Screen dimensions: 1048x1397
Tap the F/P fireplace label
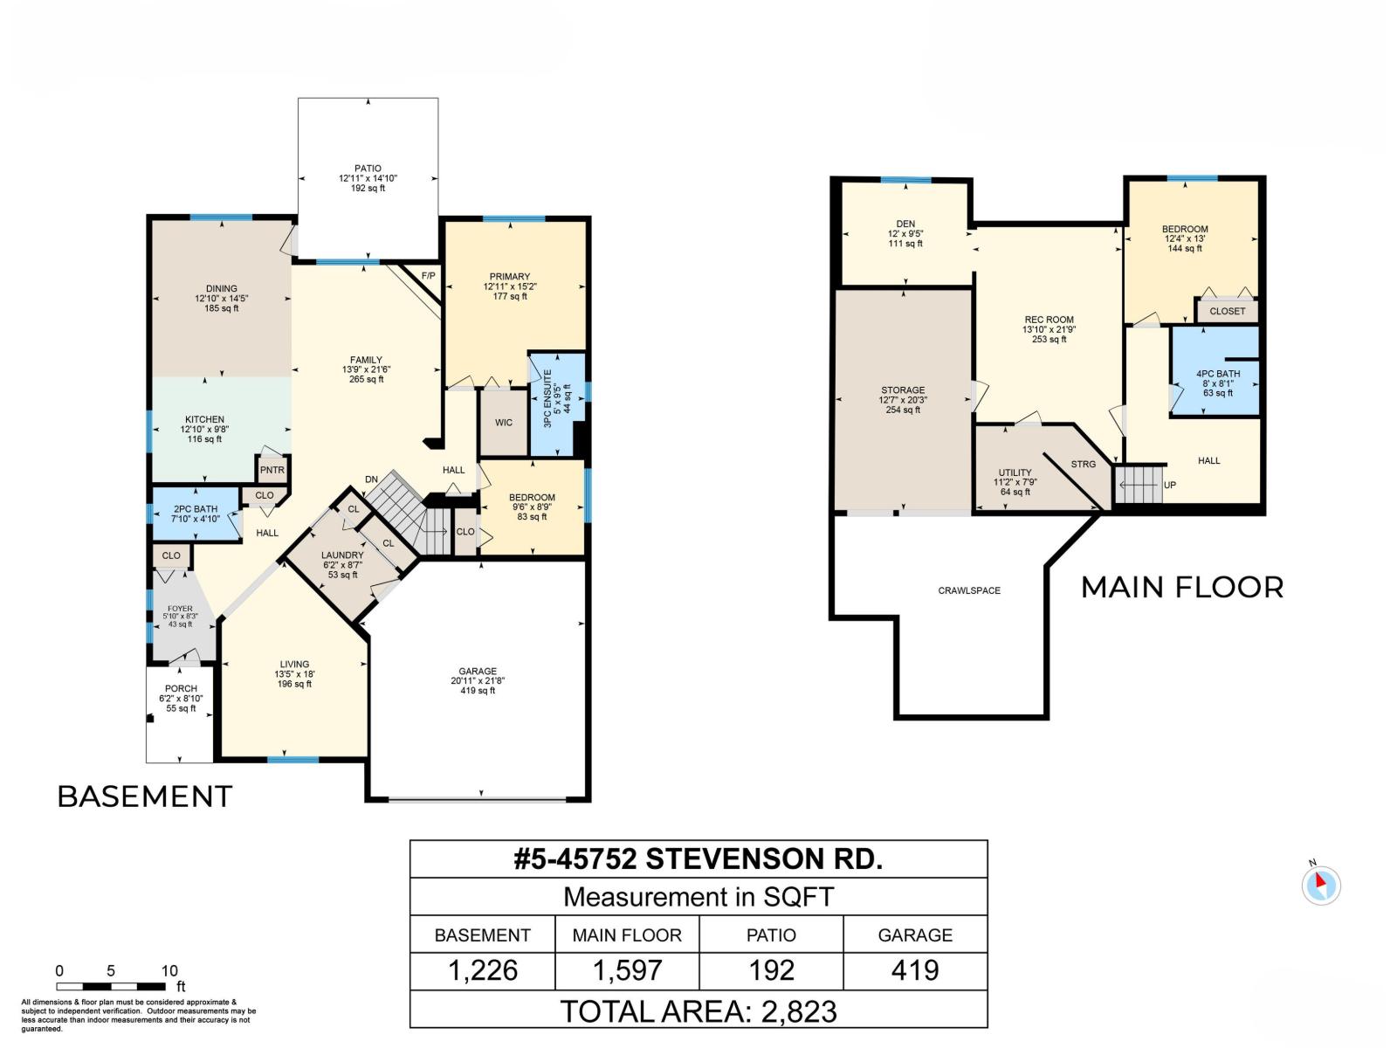[x=428, y=276]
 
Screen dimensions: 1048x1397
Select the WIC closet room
[x=504, y=423]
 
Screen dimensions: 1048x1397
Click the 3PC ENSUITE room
[x=557, y=398]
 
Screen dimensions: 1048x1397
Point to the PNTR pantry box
[x=272, y=470]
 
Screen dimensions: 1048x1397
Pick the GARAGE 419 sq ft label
[x=478, y=680]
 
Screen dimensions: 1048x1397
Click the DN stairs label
[x=371, y=479]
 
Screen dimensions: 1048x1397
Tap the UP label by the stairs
[x=1170, y=485]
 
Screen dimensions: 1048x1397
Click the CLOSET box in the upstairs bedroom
[x=1227, y=311]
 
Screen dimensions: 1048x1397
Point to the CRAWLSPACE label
[x=969, y=590]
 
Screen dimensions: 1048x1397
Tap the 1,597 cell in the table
[x=627, y=970]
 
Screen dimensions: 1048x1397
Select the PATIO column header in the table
[x=771, y=935]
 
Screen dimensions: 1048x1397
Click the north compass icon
[x=1320, y=886]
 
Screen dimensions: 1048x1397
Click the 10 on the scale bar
[x=169, y=970]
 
